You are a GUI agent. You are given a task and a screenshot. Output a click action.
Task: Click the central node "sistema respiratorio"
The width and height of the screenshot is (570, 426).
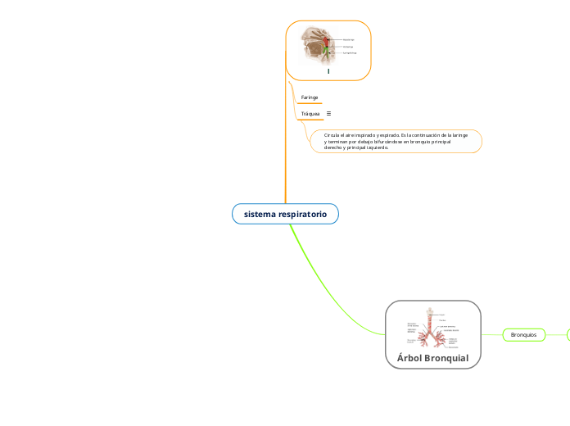(285, 214)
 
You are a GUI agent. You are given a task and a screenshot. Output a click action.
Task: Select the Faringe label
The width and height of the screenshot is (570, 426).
(310, 97)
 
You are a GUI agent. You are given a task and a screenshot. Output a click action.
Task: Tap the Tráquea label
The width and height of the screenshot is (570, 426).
(310, 114)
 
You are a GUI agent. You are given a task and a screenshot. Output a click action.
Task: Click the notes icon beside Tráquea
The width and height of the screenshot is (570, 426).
(329, 114)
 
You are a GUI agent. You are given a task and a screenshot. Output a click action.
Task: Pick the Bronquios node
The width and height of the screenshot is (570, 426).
(523, 334)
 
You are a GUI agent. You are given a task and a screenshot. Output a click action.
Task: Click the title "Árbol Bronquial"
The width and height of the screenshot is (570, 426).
(432, 358)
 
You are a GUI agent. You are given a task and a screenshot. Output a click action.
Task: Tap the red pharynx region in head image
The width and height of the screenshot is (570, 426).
(328, 40)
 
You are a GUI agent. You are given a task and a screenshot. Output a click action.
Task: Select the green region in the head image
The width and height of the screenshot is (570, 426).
(328, 54)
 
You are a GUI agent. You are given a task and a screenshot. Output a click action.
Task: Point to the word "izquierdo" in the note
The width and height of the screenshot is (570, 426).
(376, 147)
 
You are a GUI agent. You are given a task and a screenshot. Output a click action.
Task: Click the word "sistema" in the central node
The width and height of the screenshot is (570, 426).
(259, 214)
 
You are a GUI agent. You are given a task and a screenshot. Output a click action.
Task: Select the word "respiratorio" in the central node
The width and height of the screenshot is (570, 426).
(302, 214)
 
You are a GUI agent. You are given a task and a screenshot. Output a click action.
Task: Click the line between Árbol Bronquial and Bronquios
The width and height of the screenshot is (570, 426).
(491, 334)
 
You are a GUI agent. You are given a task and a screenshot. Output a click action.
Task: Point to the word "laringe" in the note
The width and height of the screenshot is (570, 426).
(459, 134)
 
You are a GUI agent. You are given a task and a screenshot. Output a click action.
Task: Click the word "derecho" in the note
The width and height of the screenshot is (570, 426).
(336, 147)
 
